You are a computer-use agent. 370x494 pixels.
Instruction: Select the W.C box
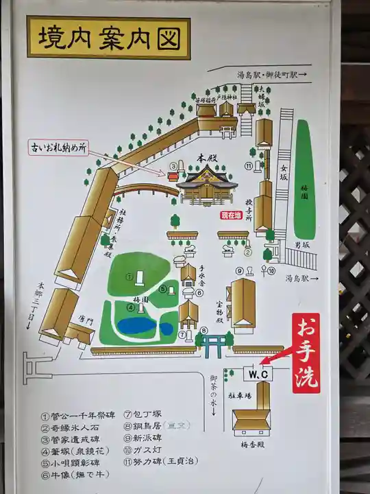point(258,374)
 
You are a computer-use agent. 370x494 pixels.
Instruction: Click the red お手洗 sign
point(306,353)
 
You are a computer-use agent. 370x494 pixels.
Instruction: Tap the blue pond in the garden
point(147,325)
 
